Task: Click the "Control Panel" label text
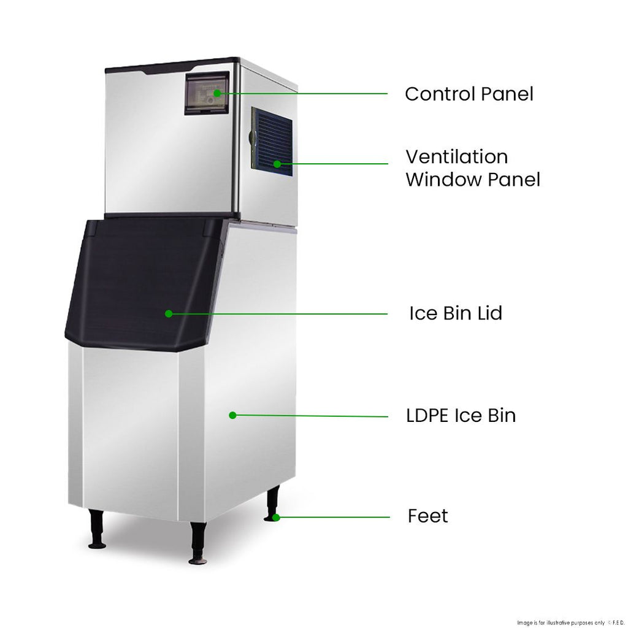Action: click(469, 94)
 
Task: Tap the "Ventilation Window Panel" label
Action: click(472, 168)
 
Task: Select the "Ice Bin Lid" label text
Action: click(456, 313)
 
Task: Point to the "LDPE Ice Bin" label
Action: click(461, 416)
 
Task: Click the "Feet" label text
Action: click(427, 516)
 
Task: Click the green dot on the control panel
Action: click(217, 93)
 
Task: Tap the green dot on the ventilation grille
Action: click(277, 164)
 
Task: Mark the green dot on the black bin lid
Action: click(169, 313)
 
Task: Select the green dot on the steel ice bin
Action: click(232, 415)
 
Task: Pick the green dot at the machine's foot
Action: click(277, 518)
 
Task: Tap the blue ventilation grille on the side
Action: click(271, 141)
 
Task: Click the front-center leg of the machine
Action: click(198, 542)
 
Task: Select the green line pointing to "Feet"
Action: click(334, 517)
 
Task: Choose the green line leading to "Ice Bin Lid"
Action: click(279, 313)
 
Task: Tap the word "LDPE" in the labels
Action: click(427, 416)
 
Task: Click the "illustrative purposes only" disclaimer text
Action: click(564, 621)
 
